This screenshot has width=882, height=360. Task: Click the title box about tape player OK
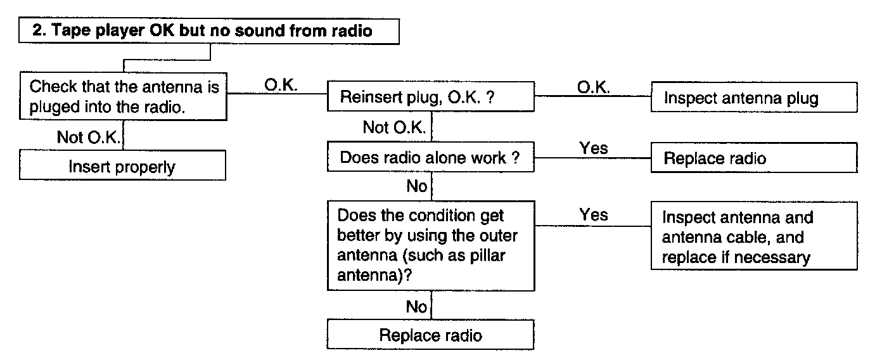(209, 30)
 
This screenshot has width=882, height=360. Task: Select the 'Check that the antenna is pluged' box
(124, 96)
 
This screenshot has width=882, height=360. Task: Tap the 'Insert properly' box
(122, 165)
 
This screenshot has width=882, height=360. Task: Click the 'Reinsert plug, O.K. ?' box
(431, 96)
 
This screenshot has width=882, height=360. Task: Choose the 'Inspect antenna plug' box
(754, 97)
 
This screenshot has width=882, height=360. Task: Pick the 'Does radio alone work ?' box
(431, 157)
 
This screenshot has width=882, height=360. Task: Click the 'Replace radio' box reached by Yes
(754, 158)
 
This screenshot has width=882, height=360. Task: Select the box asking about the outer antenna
(431, 246)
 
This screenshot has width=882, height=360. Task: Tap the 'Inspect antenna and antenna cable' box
(754, 236)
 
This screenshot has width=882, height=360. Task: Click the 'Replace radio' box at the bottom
(430, 335)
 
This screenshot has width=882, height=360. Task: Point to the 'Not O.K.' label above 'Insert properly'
(89, 137)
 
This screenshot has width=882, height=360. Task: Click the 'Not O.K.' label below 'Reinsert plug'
(394, 127)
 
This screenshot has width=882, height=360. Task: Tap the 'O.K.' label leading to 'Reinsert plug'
(281, 85)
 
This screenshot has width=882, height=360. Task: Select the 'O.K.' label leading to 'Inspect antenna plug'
(593, 87)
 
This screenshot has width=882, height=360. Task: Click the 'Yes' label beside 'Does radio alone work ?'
(593, 148)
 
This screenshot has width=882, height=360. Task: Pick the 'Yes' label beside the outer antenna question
(593, 215)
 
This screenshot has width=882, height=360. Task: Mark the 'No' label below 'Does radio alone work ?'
(416, 186)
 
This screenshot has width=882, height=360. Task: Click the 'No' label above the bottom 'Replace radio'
(416, 306)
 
